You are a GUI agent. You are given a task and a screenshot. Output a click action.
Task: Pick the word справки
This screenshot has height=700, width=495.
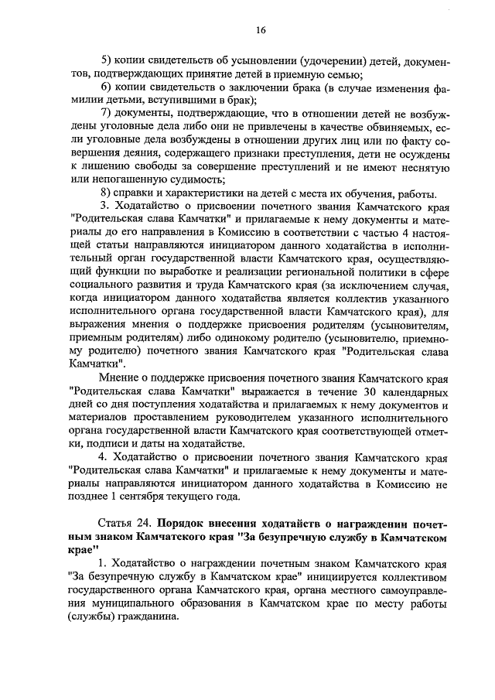(140, 193)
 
